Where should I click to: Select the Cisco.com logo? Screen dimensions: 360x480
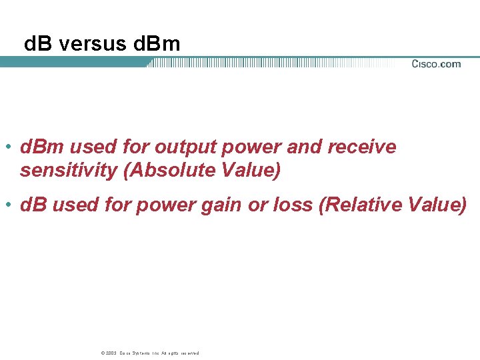pyautogui.click(x=436, y=64)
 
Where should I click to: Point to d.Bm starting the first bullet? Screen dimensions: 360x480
pyautogui.click(x=42, y=147)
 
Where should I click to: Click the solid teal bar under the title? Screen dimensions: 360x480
pyautogui.click(x=73, y=62)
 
